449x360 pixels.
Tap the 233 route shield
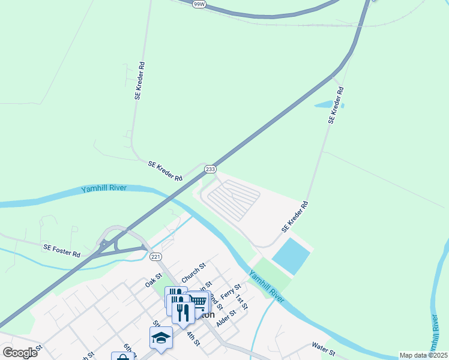[210, 170]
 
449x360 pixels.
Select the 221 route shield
[155, 257]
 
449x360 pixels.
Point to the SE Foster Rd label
[61, 250]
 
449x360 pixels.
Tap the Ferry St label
[230, 292]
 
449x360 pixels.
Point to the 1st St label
[241, 302]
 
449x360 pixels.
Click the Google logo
[20, 352]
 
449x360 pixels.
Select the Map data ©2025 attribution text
[423, 355]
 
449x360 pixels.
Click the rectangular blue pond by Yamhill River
[291, 256]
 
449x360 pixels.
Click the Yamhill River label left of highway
[103, 189]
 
